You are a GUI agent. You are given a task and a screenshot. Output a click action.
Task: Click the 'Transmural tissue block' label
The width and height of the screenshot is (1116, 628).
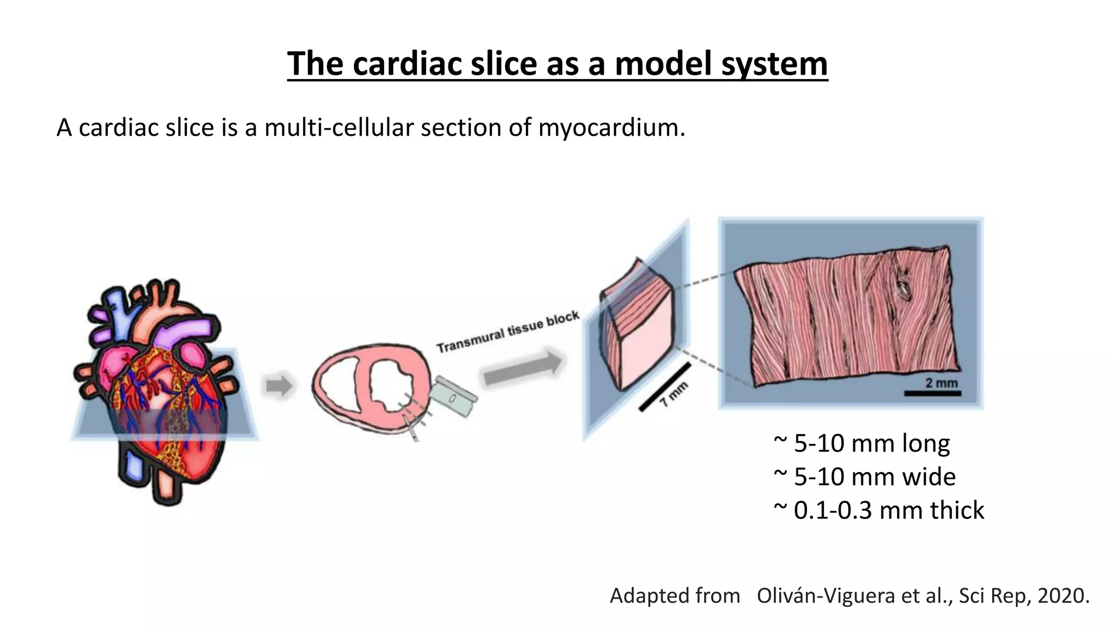point(508,331)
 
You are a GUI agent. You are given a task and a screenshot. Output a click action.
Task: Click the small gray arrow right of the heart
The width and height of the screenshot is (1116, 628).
point(278,386)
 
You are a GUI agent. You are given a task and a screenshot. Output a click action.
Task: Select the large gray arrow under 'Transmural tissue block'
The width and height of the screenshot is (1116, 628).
point(522,369)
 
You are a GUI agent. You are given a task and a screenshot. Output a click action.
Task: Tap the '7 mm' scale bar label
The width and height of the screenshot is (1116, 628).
point(674,394)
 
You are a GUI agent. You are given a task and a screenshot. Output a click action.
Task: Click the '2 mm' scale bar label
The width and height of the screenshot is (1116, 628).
point(941,383)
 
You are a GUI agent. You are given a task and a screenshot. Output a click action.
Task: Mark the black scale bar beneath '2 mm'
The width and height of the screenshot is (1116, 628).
point(932,392)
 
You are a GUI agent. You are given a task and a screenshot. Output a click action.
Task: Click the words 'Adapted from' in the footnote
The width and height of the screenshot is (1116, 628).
point(675,595)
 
